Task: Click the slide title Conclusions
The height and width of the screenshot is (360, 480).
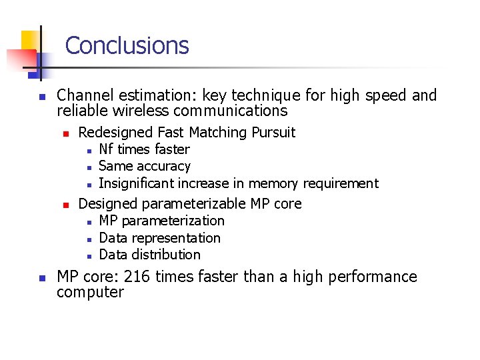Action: coord(127,45)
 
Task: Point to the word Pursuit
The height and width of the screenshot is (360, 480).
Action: coord(273,133)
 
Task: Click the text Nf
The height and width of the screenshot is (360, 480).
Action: coord(105,149)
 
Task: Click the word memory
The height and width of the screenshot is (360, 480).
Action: coord(274,183)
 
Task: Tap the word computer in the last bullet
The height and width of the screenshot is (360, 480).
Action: coord(90,293)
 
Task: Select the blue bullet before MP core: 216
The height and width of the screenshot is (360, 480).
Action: coord(41,277)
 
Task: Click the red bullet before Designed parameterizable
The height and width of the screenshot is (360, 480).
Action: coord(65,204)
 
